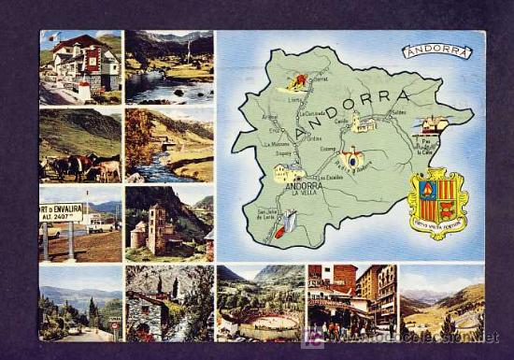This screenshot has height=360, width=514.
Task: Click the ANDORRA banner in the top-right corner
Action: [x=437, y=51]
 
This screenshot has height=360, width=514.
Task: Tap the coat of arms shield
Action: [x=436, y=202]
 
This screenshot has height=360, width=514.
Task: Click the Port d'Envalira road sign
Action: [x=62, y=213]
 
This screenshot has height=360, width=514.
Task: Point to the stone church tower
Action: [x=156, y=228]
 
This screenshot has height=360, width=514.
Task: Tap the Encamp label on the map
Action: [x=328, y=147]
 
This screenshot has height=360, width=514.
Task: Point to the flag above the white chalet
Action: [x=55, y=38]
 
